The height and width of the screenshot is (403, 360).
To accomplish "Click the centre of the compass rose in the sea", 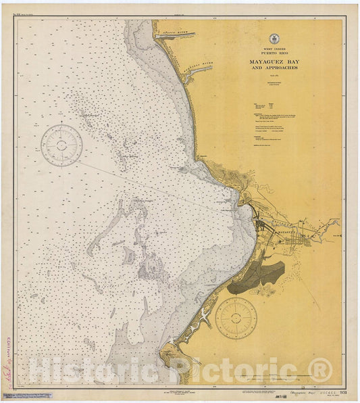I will pyautogui.click(x=61, y=145).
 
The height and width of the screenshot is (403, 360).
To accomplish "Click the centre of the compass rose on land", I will pyautogui.click(x=236, y=318).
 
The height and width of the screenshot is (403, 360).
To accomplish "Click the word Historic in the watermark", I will pyautogui.click(x=95, y=371).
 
